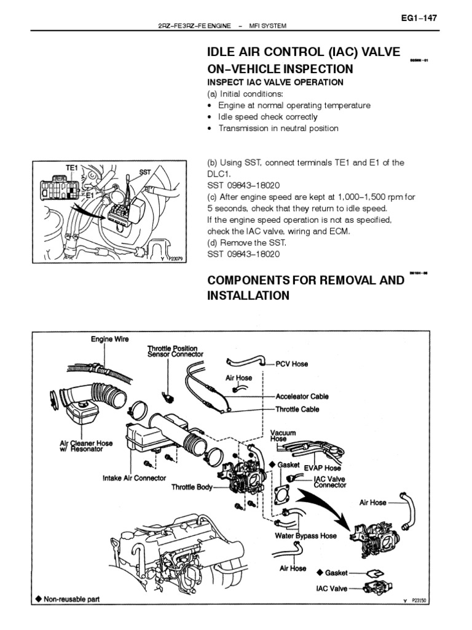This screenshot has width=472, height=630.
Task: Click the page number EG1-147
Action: click(x=419, y=18)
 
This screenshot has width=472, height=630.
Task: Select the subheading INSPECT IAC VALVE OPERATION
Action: click(x=275, y=82)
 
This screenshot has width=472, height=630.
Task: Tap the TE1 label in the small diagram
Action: click(x=72, y=167)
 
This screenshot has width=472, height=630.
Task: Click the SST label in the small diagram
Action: click(x=145, y=173)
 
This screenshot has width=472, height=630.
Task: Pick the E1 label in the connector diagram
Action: click(x=90, y=194)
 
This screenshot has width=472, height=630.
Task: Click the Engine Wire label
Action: click(x=110, y=340)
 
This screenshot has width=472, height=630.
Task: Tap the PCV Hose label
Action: click(x=291, y=364)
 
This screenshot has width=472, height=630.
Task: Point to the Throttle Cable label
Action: click(x=297, y=409)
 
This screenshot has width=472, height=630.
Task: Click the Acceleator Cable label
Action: click(x=302, y=397)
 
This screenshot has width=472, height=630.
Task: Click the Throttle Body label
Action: click(x=192, y=487)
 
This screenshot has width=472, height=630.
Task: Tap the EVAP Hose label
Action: click(x=322, y=468)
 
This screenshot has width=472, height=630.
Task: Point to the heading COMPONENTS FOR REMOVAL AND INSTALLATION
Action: click(x=305, y=288)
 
